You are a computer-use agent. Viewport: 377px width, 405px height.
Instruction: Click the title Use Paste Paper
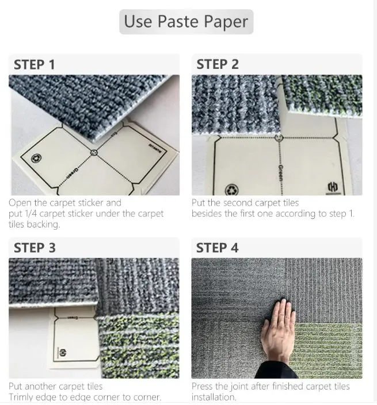186,22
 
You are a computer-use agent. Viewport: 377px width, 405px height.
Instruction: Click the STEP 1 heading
34,64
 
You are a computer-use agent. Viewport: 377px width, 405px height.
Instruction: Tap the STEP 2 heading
217,64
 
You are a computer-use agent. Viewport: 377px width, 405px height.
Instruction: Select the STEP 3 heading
35,248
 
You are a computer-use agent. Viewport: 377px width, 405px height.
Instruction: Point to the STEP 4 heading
217,248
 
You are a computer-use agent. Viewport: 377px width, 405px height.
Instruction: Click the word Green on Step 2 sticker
280,172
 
